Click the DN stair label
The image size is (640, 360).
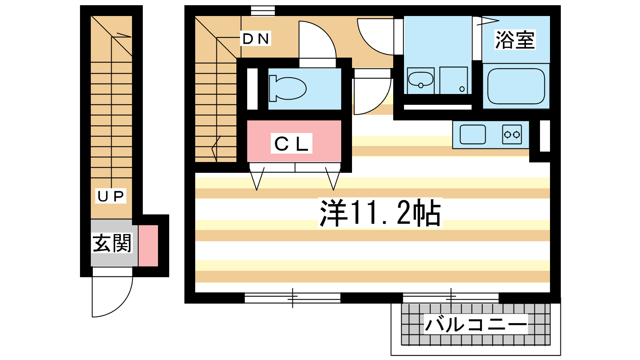coord(256,38)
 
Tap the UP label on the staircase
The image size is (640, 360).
coord(110,196)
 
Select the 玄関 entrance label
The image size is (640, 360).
coord(112,243)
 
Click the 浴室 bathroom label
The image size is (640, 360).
coord(515,40)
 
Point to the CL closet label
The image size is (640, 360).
coord(292,144)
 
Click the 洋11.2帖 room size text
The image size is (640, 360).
coord(380,213)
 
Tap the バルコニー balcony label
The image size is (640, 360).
coord(476,324)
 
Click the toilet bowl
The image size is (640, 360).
coord(288,88)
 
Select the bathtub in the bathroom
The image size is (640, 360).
coord(516,86)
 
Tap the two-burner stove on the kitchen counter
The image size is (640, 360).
coord(512,134)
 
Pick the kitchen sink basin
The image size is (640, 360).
coord(473,134)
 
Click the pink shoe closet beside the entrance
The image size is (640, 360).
coord(148,246)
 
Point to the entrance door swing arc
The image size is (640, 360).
coord(123,304)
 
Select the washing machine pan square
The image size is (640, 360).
coord(454,80)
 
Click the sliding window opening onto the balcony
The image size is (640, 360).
coord(451,298)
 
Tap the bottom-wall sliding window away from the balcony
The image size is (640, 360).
coord(292,298)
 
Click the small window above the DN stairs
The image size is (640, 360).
coord(263,10)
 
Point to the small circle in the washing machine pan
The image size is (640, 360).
coord(462,89)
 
